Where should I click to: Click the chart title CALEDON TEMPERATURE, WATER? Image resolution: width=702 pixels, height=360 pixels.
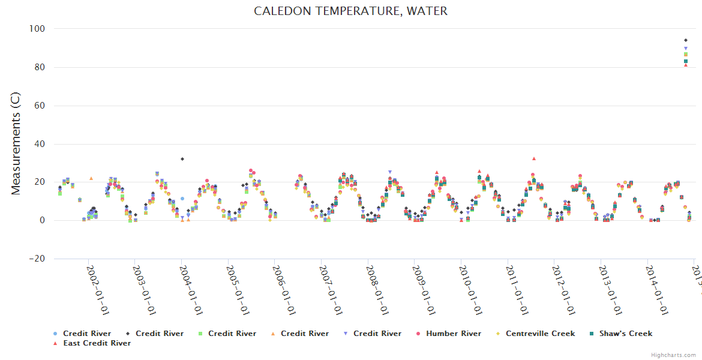(350, 11)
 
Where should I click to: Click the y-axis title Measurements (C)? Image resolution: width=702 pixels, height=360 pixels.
(16, 143)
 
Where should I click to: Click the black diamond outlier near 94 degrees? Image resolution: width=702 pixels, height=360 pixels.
(686, 40)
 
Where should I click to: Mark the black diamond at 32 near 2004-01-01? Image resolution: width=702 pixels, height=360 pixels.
(182, 159)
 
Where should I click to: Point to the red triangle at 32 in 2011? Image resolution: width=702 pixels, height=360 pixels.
(534, 158)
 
